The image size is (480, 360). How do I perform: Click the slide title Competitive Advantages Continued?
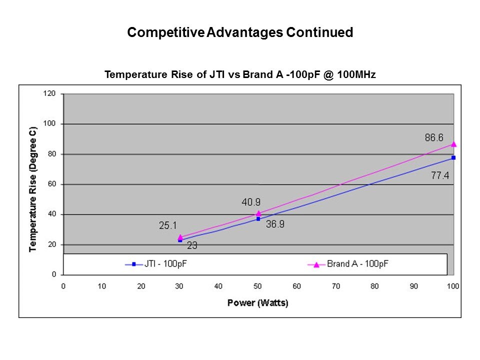(240, 33)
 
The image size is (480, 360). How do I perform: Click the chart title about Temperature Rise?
(240, 75)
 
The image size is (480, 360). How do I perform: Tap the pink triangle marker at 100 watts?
(453, 144)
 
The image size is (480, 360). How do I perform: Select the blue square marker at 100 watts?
(453, 157)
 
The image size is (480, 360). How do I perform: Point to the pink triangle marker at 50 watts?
(258, 213)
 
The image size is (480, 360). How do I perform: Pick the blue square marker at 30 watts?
(180, 240)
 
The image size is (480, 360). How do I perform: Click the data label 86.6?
(434, 137)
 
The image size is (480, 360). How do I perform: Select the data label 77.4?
(440, 175)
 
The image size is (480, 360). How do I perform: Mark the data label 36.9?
(275, 224)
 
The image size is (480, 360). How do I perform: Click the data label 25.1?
(168, 226)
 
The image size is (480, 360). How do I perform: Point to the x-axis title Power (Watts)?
(258, 302)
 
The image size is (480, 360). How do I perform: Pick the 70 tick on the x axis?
(336, 286)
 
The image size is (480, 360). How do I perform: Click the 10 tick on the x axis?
(102, 286)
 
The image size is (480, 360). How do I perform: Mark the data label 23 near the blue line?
(192, 245)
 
